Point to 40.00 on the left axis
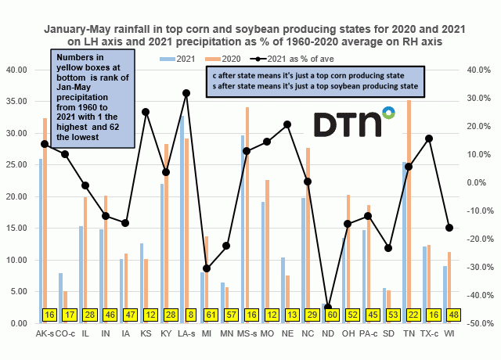point(20,70)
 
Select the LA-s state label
point(186,333)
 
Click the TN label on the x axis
point(407,333)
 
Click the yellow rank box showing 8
point(186,314)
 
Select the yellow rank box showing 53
point(387,314)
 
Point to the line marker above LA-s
point(186,93)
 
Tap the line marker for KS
point(146,112)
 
